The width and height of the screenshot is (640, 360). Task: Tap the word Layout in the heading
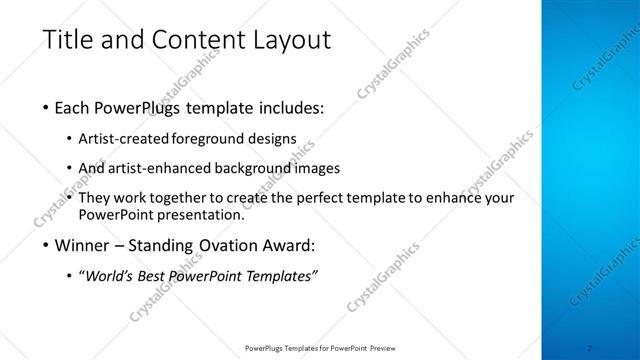pyautogui.click(x=289, y=41)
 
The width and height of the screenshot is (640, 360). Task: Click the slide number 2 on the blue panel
pyautogui.click(x=590, y=348)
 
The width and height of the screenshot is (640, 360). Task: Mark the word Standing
pyautogui.click(x=168, y=246)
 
